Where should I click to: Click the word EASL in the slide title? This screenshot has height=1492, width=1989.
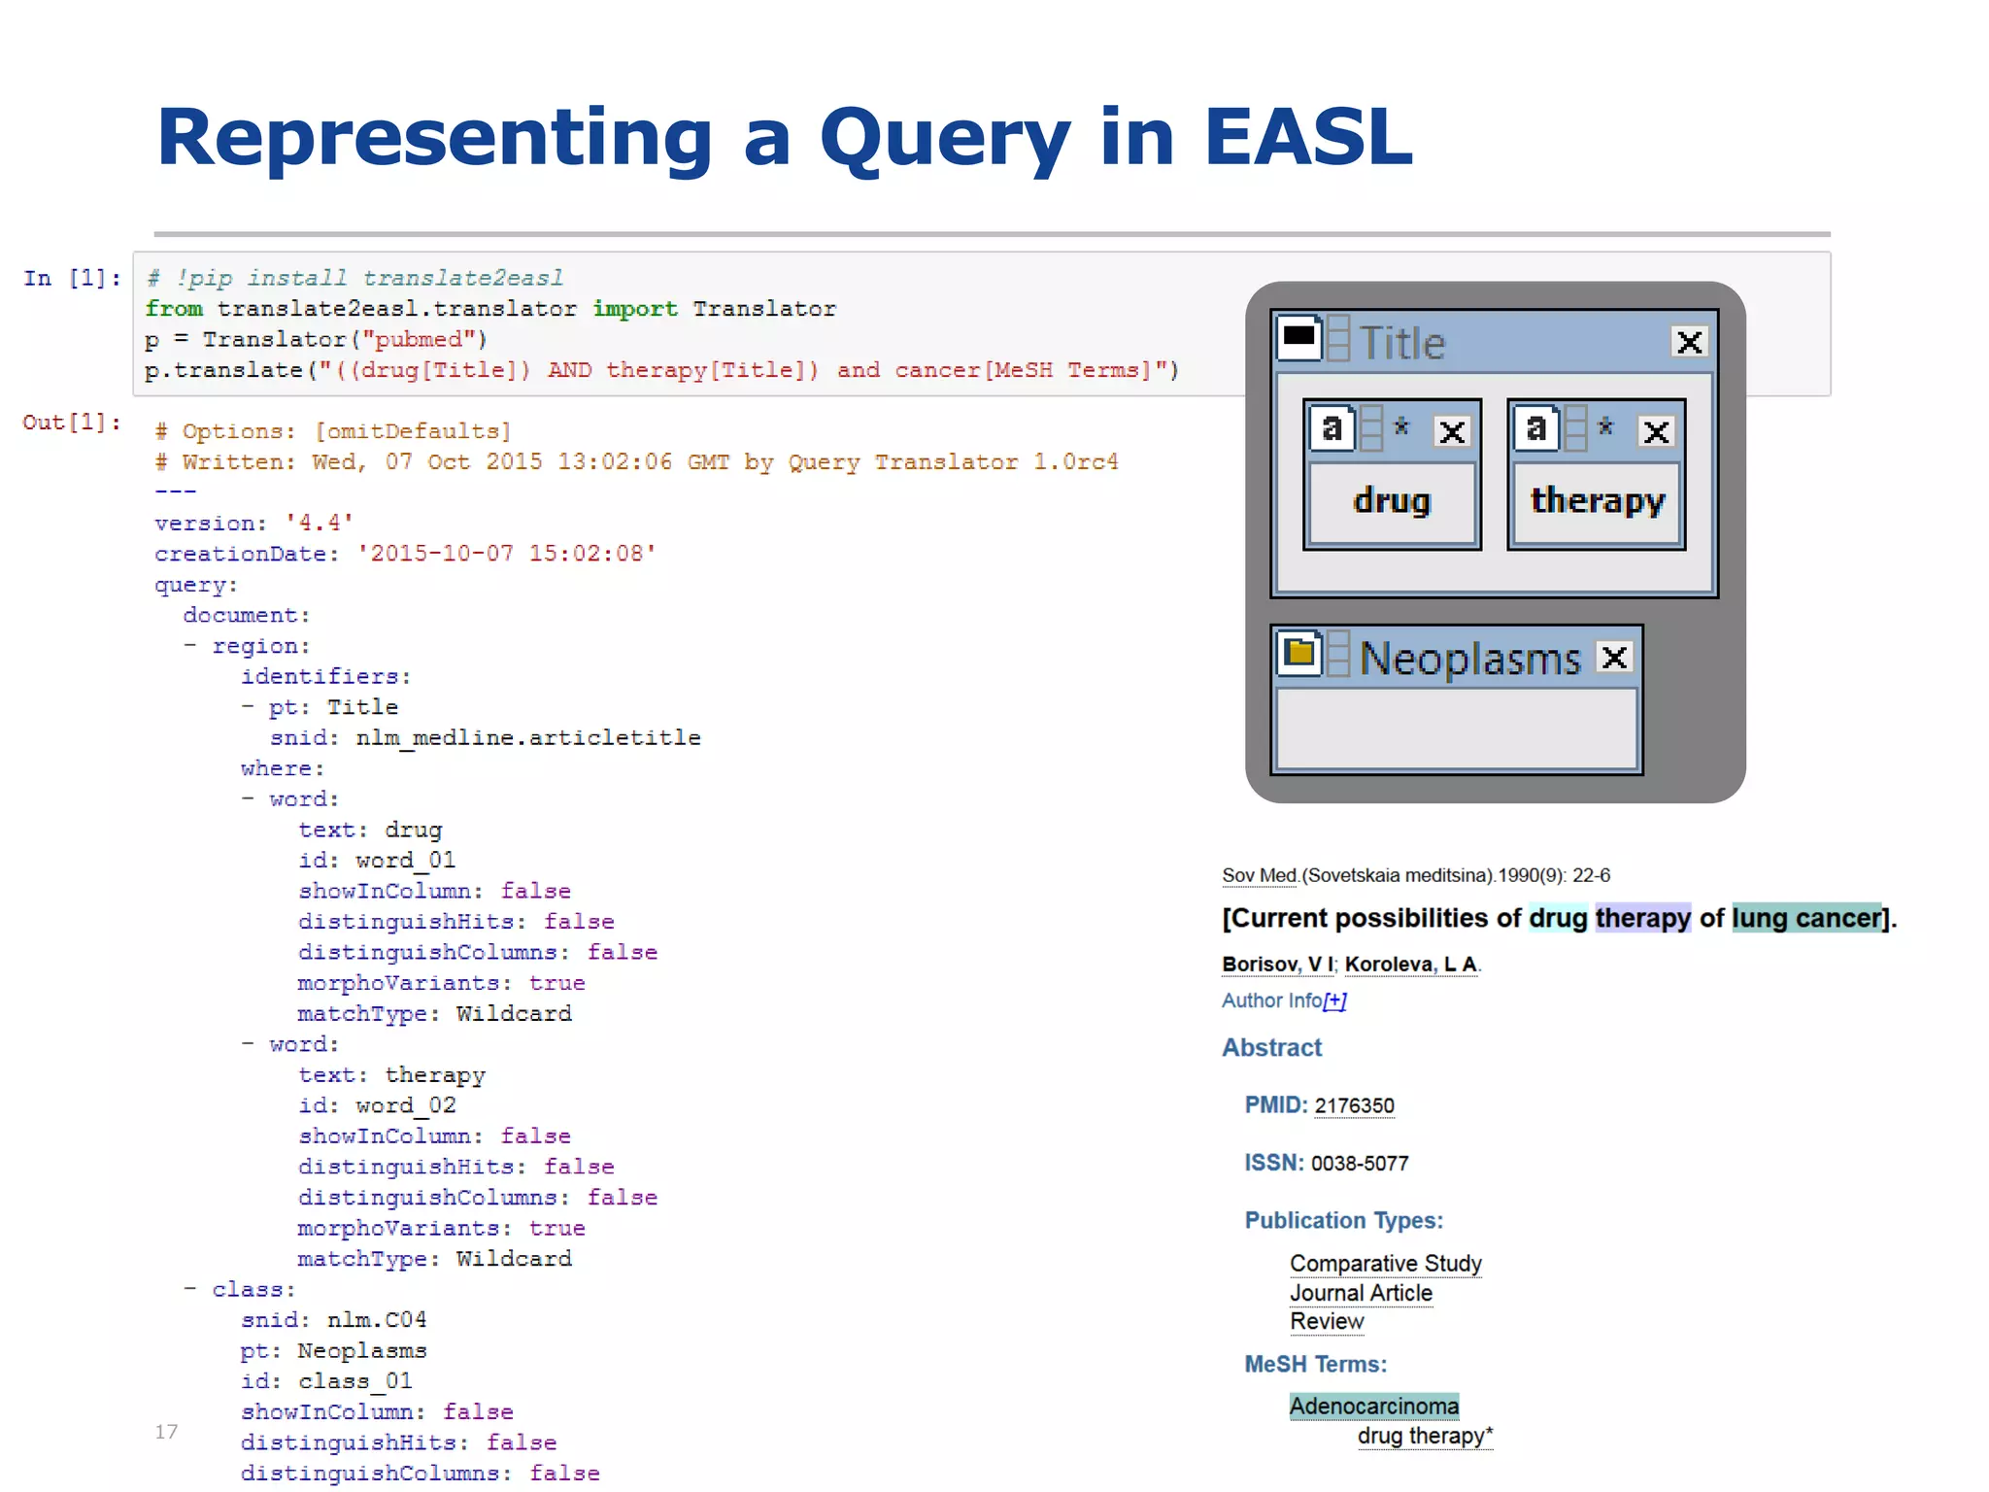coord(1307,138)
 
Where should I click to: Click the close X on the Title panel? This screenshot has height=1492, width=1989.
coord(1689,342)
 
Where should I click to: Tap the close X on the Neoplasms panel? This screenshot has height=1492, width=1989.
coord(1614,659)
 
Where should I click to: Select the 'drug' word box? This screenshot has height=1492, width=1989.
coord(1392,502)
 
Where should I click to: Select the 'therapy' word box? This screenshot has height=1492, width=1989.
coord(1597,502)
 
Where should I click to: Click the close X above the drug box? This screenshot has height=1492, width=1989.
coord(1452,431)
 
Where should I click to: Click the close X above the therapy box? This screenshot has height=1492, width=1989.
coord(1657,431)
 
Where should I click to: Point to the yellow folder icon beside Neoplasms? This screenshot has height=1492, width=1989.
coord(1299,654)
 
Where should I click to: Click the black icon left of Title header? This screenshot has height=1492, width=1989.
coord(1298,337)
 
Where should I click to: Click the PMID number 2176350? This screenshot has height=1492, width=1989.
coord(1354,1105)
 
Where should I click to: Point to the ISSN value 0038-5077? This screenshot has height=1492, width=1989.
coord(1360,1164)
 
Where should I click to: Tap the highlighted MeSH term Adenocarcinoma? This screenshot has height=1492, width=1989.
coord(1373,1406)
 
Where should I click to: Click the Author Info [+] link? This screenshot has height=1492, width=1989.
coord(1284,1000)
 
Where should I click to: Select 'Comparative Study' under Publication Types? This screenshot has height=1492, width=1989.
coord(1385,1264)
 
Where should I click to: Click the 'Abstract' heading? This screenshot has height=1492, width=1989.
coord(1271,1048)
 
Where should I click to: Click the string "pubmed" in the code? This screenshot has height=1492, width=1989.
coord(419,340)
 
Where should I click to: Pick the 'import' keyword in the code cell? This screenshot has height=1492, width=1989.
coord(635,309)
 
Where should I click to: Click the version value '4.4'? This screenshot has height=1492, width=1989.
coord(320,523)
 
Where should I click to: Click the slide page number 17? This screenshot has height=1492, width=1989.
coord(166,1432)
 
